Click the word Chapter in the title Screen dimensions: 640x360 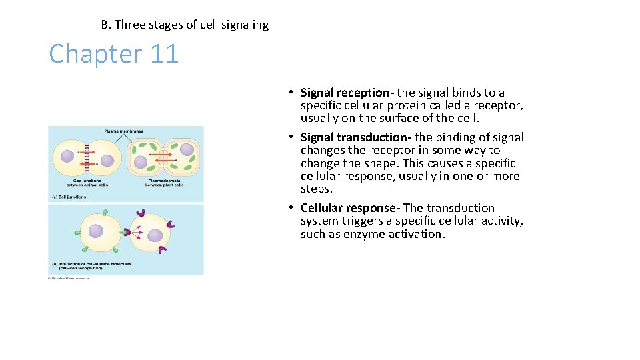95,53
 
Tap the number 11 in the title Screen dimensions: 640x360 164,53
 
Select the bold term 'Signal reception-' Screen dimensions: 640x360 347,93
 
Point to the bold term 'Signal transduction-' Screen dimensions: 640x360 356,137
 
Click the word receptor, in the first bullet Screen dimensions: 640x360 501,105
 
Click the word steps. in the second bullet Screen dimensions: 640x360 316,189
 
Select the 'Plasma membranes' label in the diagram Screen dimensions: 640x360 124,131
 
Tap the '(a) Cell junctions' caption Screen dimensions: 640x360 68,197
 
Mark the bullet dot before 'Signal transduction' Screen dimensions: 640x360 292,137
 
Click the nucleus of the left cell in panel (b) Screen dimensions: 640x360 96,231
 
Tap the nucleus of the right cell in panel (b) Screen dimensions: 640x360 155,235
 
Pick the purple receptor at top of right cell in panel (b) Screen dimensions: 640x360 141,214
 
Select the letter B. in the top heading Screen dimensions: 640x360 106,25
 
